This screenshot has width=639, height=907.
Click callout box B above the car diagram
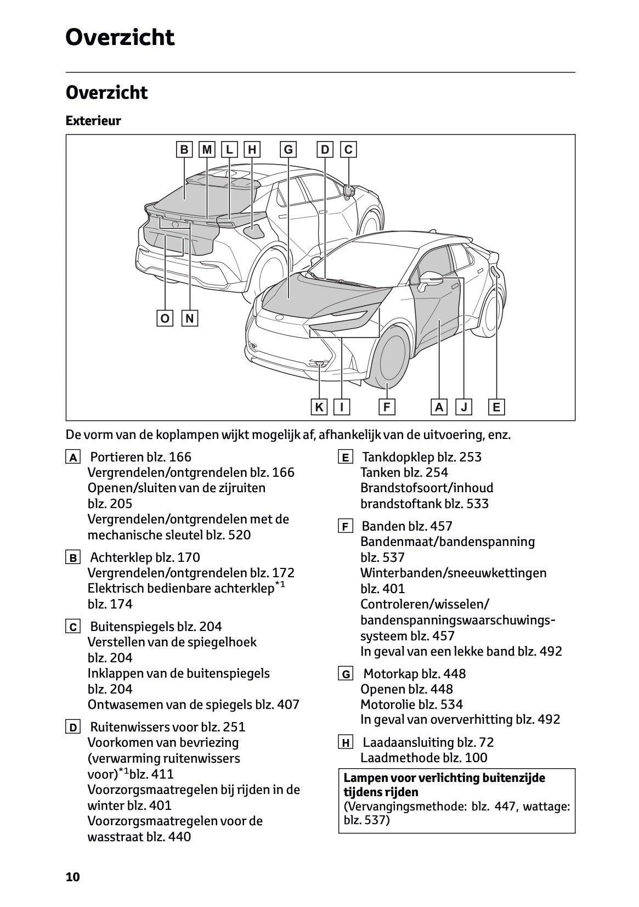coord(184,150)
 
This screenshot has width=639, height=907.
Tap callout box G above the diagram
coord(288,150)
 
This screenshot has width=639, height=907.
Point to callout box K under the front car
coord(319,407)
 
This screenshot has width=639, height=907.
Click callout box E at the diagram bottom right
coord(496,407)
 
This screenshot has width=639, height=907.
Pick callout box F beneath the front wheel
coord(387,407)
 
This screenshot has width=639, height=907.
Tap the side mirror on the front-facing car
coord(431,279)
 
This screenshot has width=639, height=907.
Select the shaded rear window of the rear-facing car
coord(186,195)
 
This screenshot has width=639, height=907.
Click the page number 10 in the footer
coord(72,877)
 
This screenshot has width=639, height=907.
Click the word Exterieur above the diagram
coord(93,121)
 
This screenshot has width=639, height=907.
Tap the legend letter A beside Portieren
coord(72,458)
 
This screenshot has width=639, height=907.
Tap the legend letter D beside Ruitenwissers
coord(72,728)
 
